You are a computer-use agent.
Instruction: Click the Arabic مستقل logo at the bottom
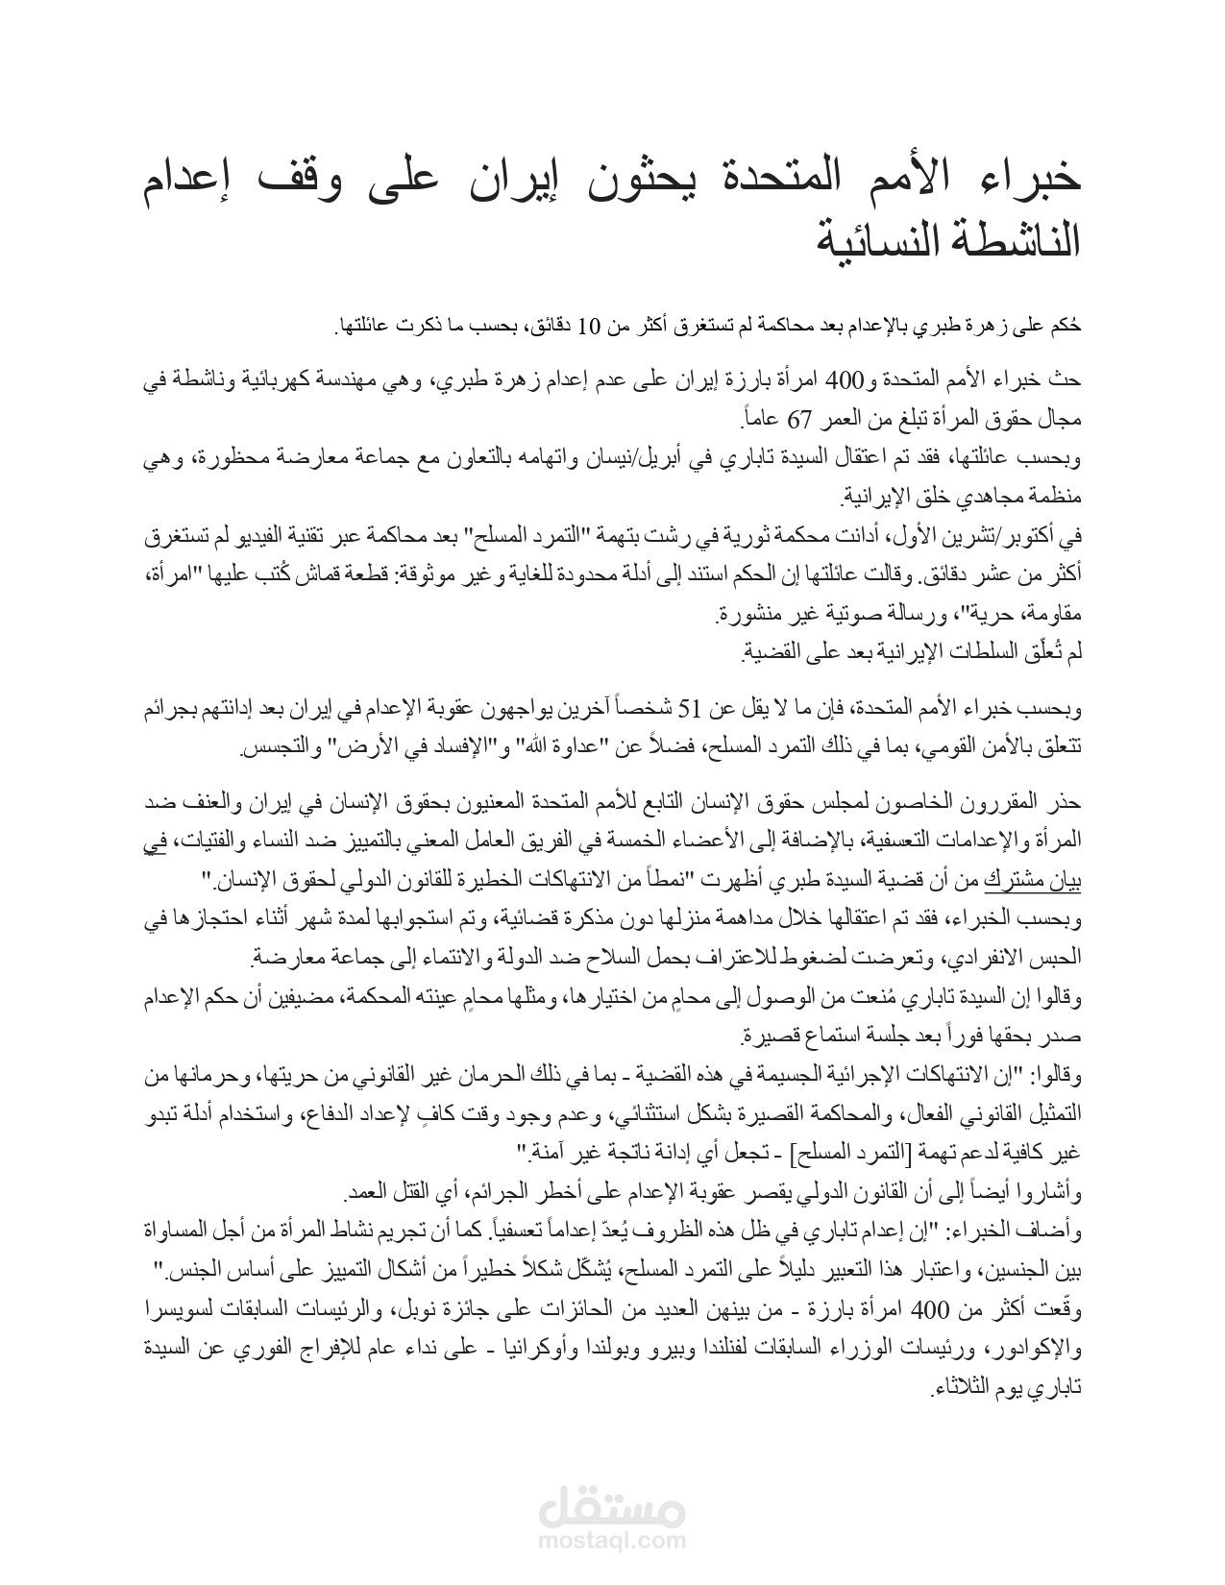pyautogui.click(x=612, y=1509)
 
